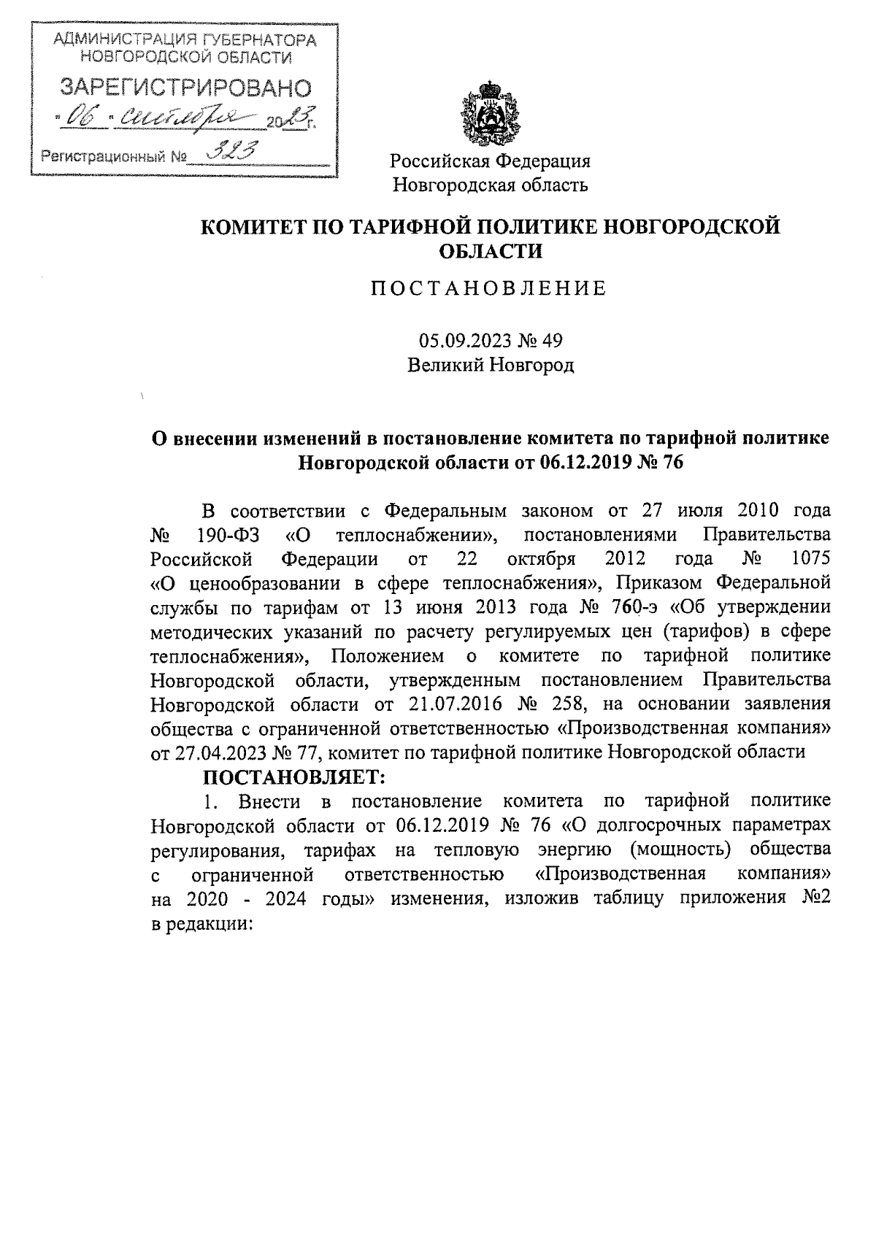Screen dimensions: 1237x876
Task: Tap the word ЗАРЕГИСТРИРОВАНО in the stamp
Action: click(185, 88)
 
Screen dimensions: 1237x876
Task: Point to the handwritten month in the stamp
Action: click(187, 115)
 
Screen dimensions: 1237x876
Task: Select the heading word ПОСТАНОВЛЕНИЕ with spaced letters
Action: click(489, 288)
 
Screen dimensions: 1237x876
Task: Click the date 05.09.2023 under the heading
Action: click(457, 340)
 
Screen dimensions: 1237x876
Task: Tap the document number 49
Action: click(553, 340)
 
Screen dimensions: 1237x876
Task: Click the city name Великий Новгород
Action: click(491, 365)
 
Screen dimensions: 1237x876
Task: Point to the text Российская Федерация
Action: click(491, 161)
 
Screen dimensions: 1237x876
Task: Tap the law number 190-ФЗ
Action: click(223, 535)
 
